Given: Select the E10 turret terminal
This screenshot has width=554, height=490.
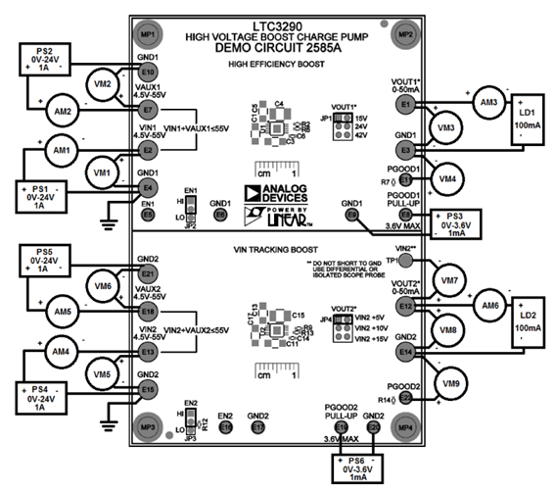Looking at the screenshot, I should pyautogui.click(x=148, y=73).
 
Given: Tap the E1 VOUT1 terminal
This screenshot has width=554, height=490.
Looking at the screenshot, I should pyautogui.click(x=405, y=101).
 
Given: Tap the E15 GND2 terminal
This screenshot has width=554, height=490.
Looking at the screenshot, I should pyautogui.click(x=148, y=390).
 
